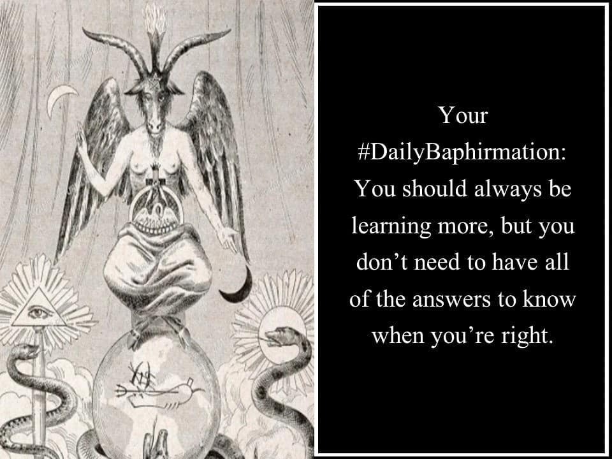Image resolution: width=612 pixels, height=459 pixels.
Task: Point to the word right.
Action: (x=526, y=336)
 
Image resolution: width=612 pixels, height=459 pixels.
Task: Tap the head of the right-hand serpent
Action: (x=279, y=337)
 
